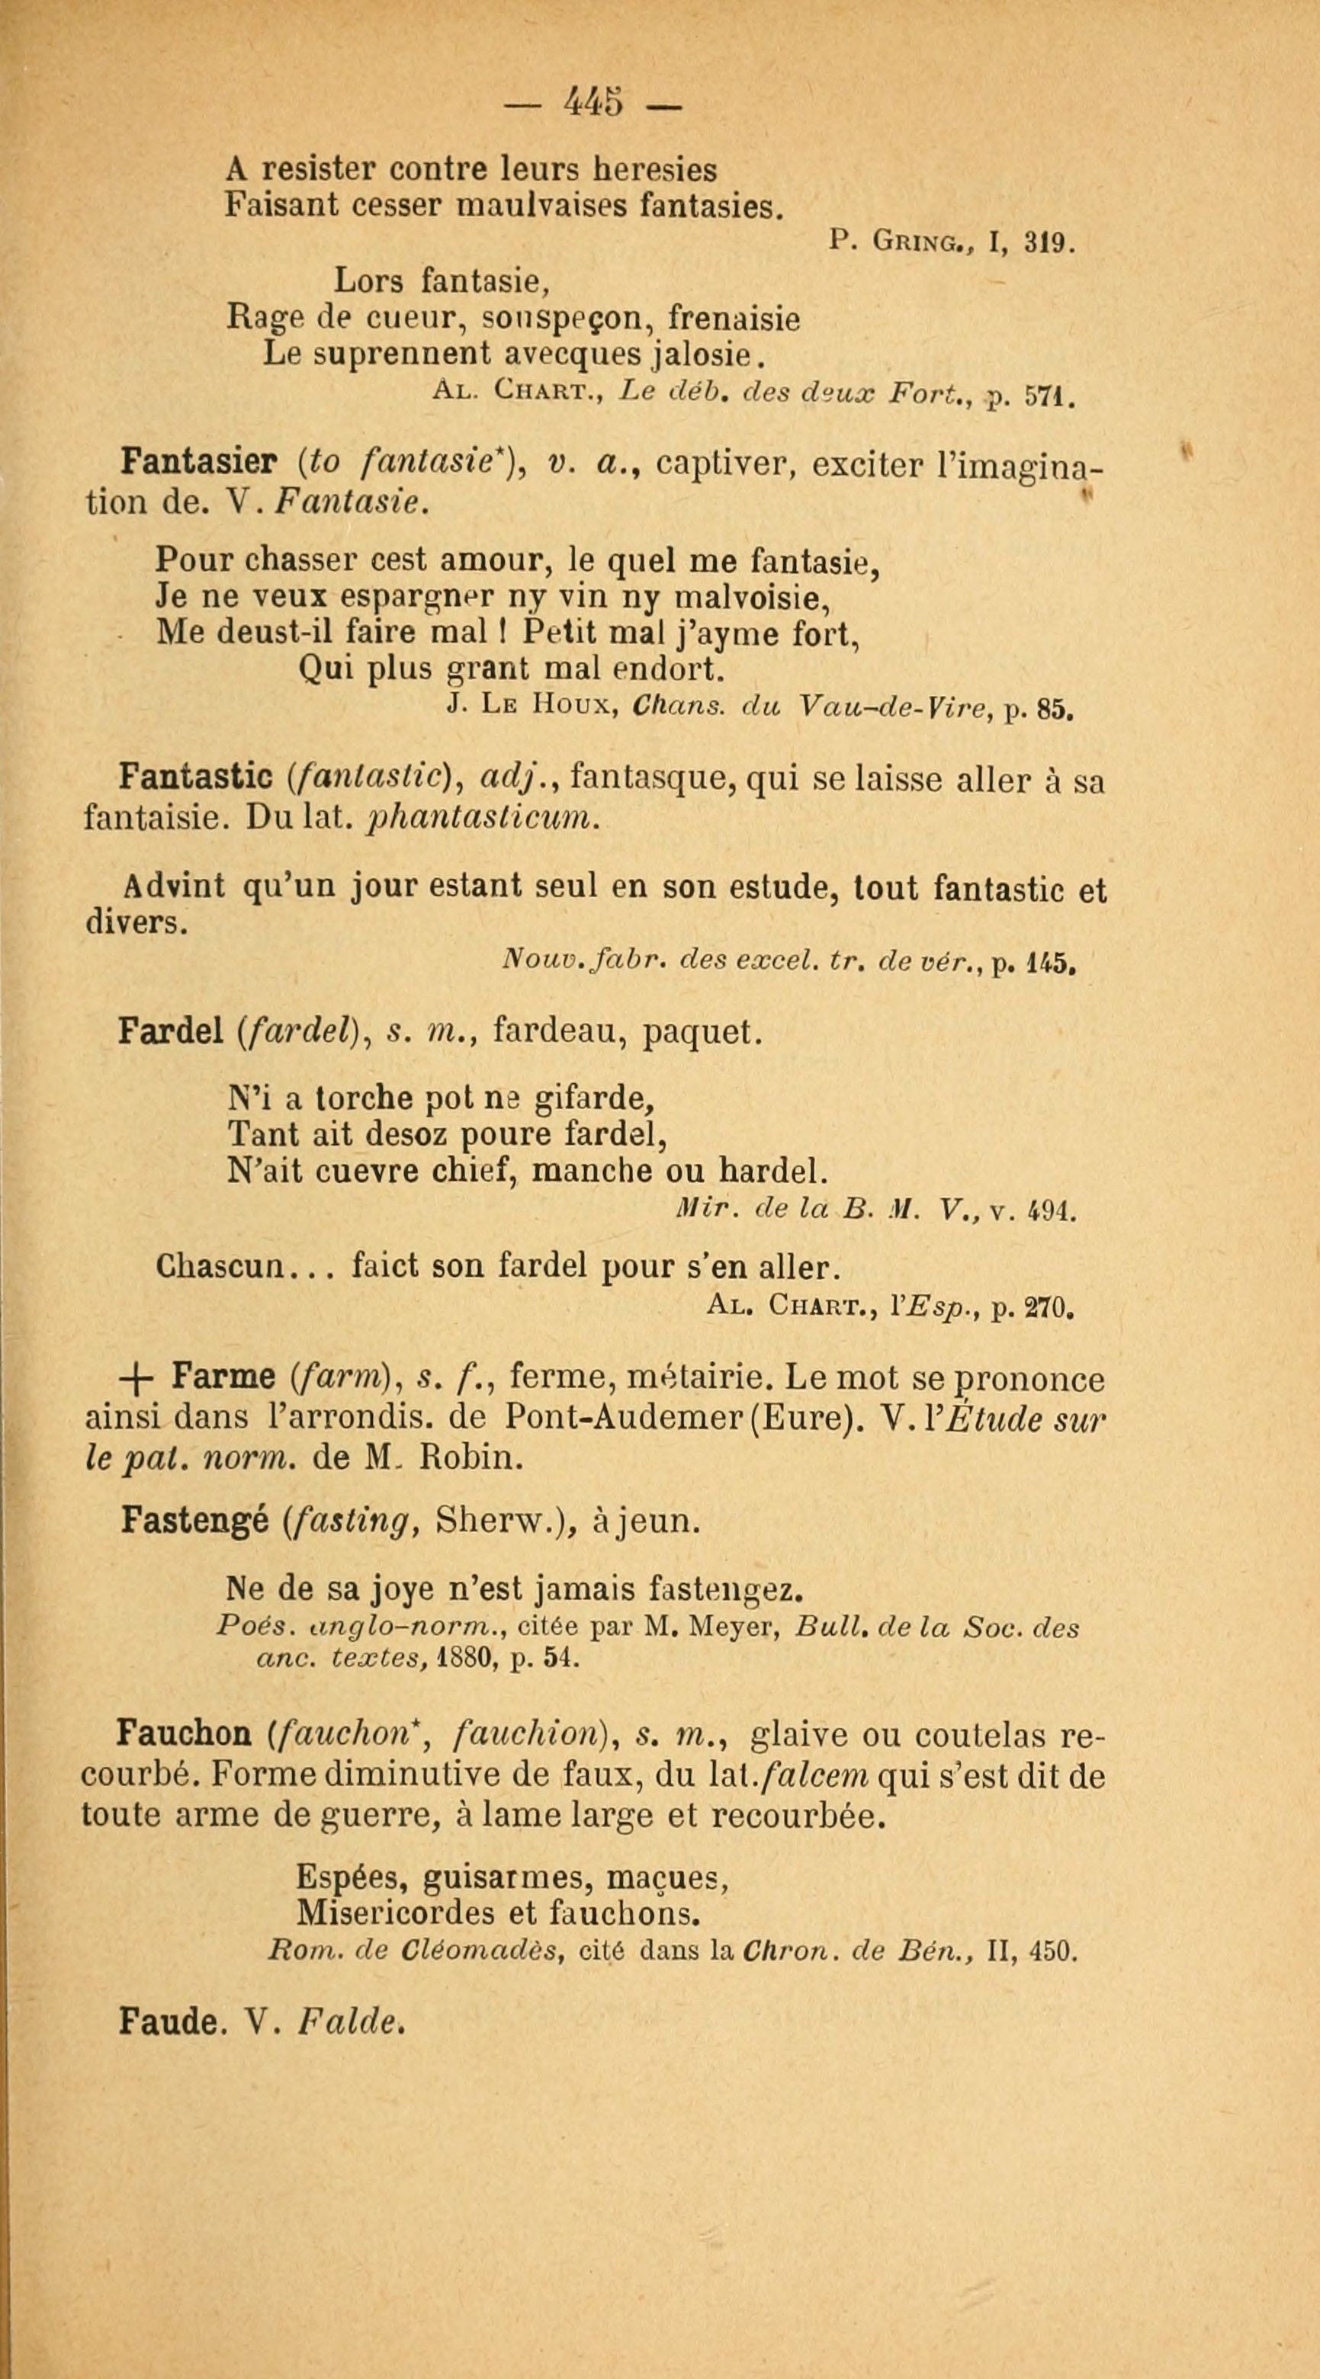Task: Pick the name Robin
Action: click(x=472, y=1457)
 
